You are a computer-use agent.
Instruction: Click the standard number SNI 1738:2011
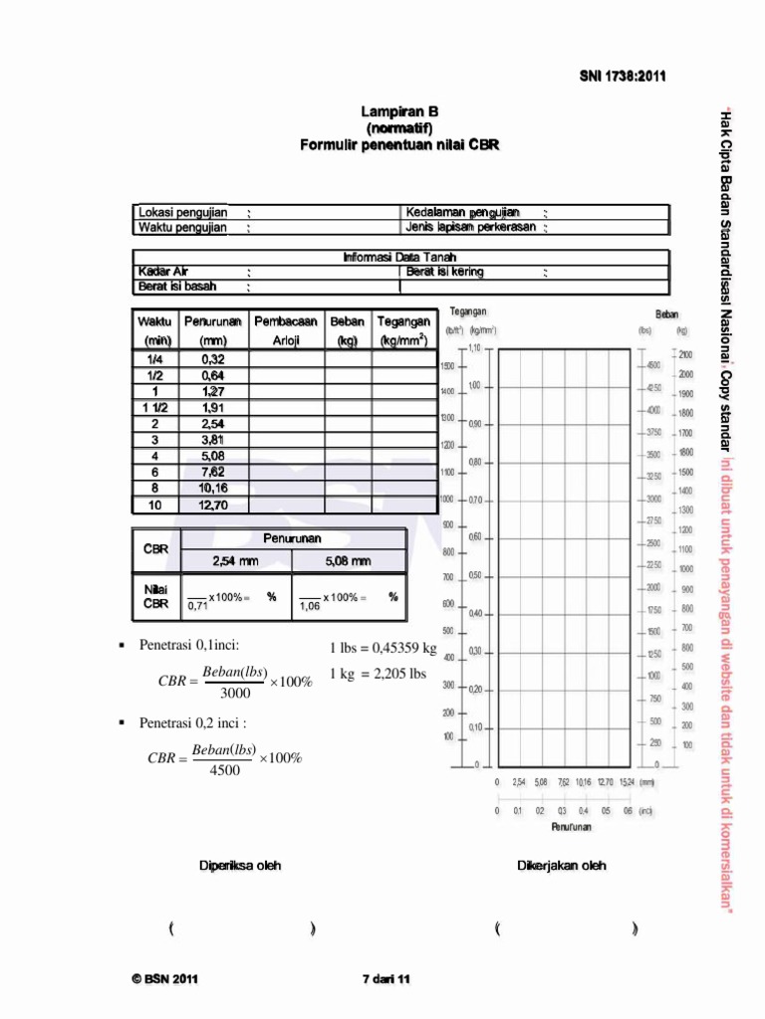pyautogui.click(x=623, y=76)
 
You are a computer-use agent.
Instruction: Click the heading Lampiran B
pyautogui.click(x=399, y=112)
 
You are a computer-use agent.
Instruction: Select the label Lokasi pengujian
pyautogui.click(x=183, y=213)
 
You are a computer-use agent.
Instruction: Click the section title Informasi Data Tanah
pyautogui.click(x=399, y=257)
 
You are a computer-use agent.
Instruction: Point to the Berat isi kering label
pyautogui.click(x=444, y=272)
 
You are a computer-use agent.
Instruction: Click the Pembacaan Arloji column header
pyautogui.click(x=286, y=330)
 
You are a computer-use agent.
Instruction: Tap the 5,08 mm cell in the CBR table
pyautogui.click(x=348, y=561)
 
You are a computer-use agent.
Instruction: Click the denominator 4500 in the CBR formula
pyautogui.click(x=224, y=770)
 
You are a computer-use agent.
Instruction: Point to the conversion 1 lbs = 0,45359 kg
pyautogui.click(x=382, y=649)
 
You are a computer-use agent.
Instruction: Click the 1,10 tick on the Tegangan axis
pyautogui.click(x=475, y=348)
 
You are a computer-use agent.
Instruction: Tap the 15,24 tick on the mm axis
pyautogui.click(x=626, y=783)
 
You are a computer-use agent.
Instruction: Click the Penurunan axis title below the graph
pyautogui.click(x=572, y=827)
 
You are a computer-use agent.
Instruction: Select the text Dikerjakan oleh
pyautogui.click(x=561, y=866)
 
